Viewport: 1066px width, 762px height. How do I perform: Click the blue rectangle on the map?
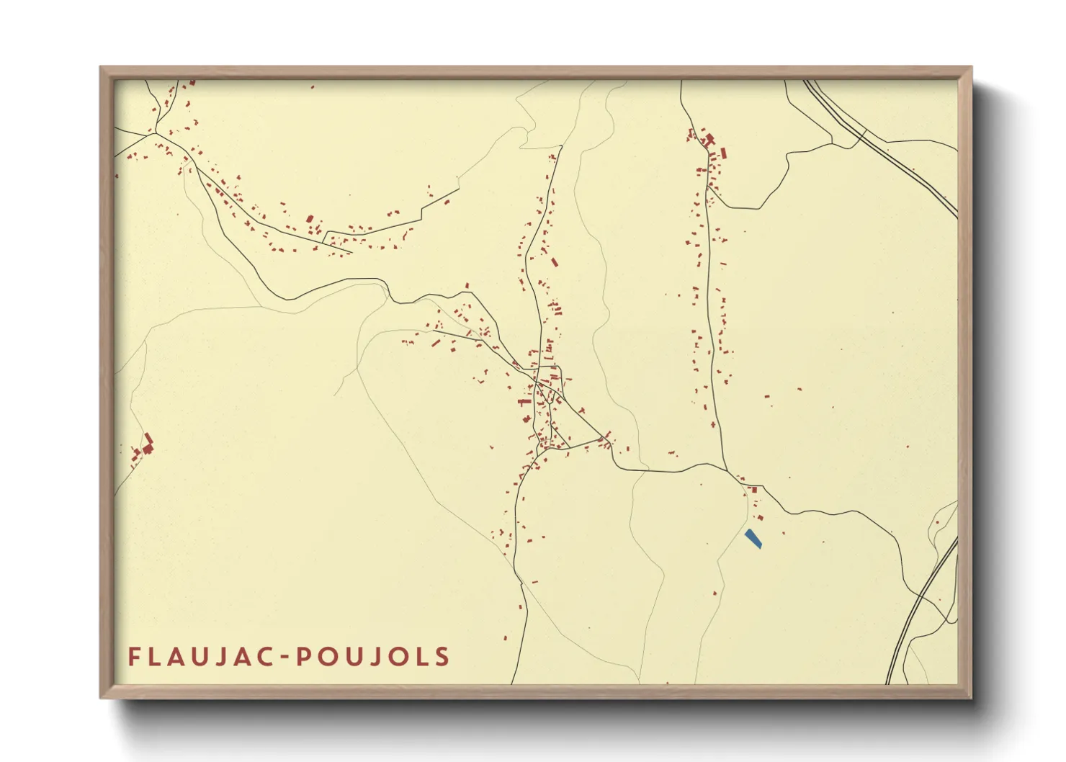click(x=753, y=539)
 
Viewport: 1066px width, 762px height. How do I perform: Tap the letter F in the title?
click(x=134, y=657)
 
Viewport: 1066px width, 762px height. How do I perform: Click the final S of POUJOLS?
click(x=442, y=657)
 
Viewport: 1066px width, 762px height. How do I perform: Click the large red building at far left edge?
click(x=148, y=444)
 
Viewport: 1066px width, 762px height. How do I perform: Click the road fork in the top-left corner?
click(x=154, y=133)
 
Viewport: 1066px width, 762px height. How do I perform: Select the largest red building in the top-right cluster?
click(x=709, y=140)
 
